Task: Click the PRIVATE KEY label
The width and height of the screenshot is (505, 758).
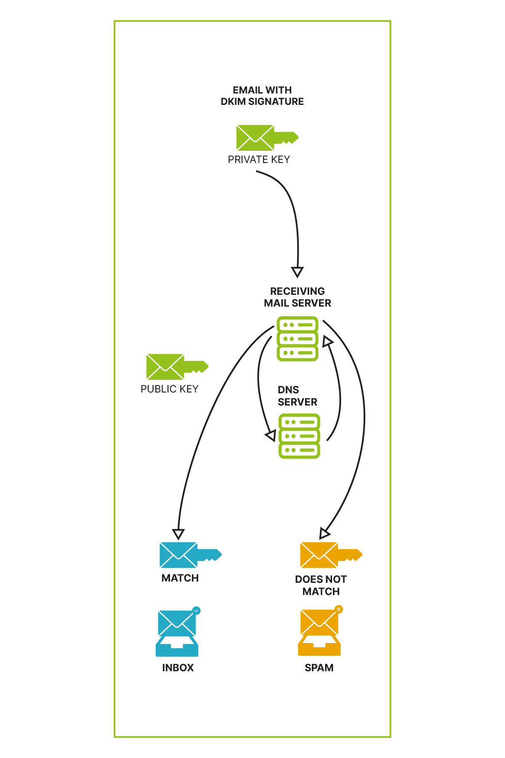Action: tap(259, 160)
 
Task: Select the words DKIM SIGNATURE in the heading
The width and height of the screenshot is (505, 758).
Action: tap(262, 101)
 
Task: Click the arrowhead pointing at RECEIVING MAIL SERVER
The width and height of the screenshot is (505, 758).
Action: tap(298, 272)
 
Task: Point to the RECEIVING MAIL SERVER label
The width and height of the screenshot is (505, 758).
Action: tap(298, 297)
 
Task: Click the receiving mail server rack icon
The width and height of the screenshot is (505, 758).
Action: tap(298, 339)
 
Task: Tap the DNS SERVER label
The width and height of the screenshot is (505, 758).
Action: tap(297, 396)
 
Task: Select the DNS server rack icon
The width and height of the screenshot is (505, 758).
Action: tap(299, 436)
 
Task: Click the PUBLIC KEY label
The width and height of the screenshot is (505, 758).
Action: tap(169, 389)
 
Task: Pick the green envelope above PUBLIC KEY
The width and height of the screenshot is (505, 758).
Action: tap(165, 367)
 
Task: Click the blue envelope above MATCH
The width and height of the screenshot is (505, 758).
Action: tap(178, 555)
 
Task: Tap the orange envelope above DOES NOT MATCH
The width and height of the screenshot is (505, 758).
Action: tap(319, 555)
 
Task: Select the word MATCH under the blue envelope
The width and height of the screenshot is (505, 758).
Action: tap(180, 578)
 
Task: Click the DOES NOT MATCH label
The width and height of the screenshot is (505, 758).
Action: tap(321, 585)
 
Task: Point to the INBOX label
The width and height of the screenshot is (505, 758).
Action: tap(178, 668)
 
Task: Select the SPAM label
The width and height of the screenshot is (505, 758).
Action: tap(319, 668)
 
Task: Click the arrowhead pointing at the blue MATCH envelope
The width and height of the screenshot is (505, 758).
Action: tap(178, 534)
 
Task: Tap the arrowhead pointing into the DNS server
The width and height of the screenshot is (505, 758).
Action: tap(271, 435)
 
